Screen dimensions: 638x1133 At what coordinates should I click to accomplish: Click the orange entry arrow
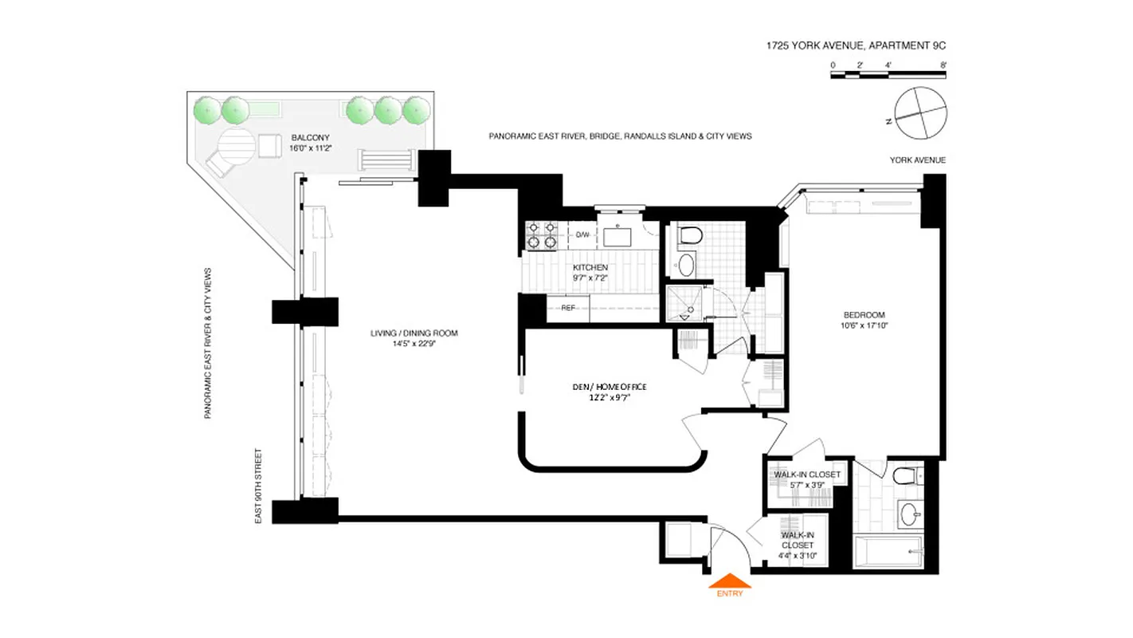[729, 581]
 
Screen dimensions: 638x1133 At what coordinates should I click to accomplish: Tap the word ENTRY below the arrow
[729, 593]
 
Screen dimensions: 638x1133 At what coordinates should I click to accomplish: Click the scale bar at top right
[888, 75]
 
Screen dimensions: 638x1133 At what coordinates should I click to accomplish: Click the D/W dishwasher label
[582, 234]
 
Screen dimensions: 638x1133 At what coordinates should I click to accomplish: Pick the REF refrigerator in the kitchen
[568, 307]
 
